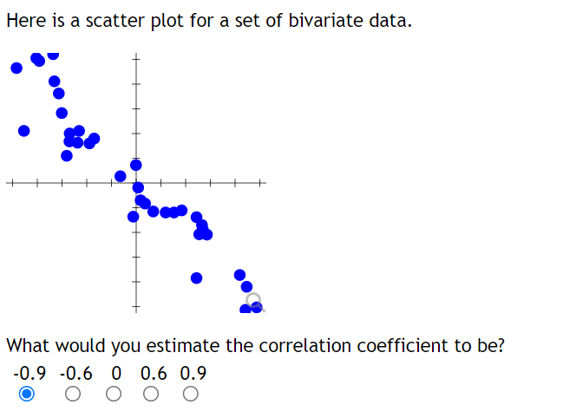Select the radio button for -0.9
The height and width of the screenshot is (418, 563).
pyautogui.click(x=27, y=395)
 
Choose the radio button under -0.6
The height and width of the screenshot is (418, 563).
pyautogui.click(x=73, y=395)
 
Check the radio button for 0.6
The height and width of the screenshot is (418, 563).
pyautogui.click(x=151, y=395)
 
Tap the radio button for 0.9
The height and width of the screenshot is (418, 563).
pyautogui.click(x=191, y=395)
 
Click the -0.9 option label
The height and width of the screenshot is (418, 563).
pyautogui.click(x=30, y=374)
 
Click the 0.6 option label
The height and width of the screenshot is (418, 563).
pyautogui.click(x=154, y=374)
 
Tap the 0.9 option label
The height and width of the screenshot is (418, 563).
pyautogui.click(x=193, y=374)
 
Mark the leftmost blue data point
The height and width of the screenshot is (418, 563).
pyautogui.click(x=16, y=69)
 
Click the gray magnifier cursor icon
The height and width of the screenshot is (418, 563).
pyautogui.click(x=253, y=301)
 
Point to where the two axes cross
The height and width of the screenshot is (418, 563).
pyautogui.click(x=134, y=184)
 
